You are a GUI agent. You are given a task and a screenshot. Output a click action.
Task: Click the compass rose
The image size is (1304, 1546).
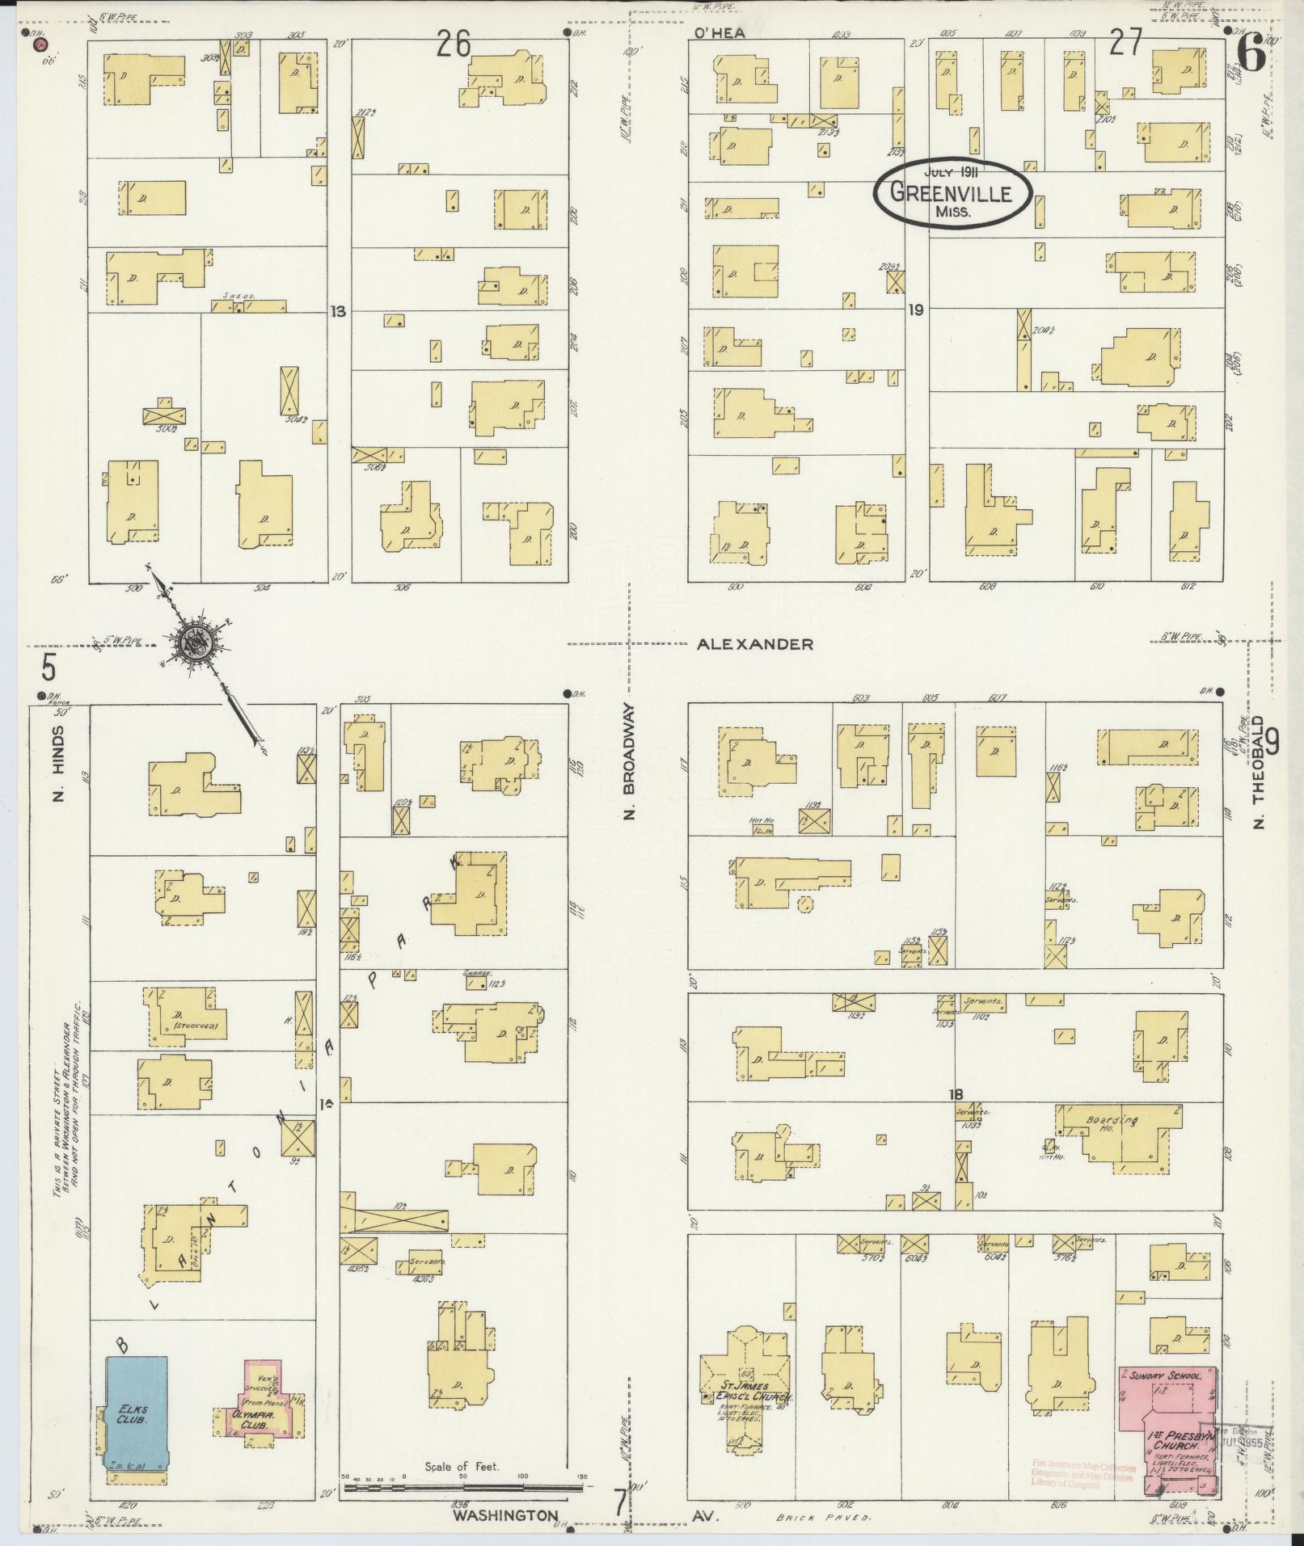[196, 642]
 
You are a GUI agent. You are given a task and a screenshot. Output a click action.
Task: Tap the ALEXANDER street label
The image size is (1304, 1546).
[755, 644]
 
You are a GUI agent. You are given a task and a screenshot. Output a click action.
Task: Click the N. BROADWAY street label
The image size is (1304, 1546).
[631, 759]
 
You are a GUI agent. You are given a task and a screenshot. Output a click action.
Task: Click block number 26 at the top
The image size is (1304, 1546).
[454, 44]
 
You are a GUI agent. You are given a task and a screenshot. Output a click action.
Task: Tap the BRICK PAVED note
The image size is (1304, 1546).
[823, 1518]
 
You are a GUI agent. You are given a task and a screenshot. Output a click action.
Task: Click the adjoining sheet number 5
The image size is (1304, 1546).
[49, 668]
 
